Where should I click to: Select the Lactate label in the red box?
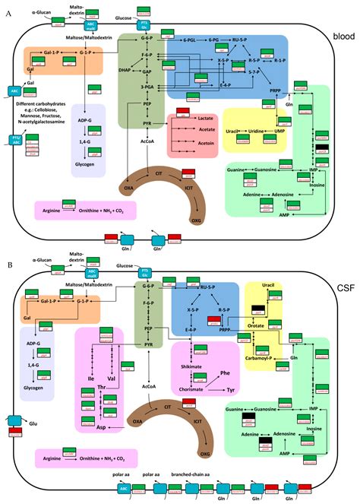pos(203,120)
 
